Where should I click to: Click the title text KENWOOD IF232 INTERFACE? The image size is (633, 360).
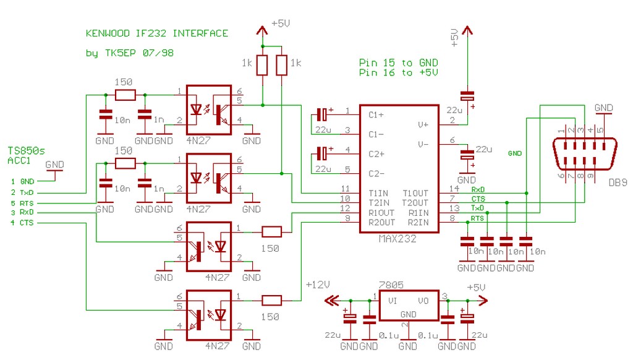coord(156,33)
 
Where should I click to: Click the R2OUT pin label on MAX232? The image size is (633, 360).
coord(381,221)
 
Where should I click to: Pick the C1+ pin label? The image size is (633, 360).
coord(376,115)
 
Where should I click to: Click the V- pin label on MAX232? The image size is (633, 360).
coord(423,144)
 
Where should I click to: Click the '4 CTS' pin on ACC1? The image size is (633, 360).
coord(23,223)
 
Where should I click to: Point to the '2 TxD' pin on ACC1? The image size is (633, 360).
coord(23,192)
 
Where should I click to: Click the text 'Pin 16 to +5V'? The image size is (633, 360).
coord(398,73)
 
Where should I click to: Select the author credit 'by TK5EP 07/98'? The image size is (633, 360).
coord(129,53)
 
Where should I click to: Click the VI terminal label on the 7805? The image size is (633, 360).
coord(393,301)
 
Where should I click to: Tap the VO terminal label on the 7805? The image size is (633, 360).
coord(423,301)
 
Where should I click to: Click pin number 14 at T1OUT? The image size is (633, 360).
coord(453,188)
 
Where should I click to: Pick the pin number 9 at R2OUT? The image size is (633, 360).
coord(347,218)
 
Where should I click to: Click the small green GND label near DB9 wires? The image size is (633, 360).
coord(515,153)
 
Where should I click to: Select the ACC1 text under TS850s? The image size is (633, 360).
coord(19,160)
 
